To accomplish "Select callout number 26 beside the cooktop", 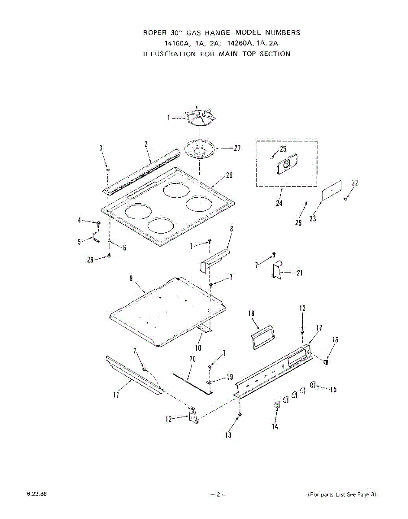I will click(x=230, y=175).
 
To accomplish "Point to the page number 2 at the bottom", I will click(x=219, y=494).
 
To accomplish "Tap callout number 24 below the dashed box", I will click(x=279, y=203).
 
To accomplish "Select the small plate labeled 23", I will click(x=331, y=190).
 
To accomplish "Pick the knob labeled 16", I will click(x=326, y=361).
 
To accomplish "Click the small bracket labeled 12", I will click(x=194, y=415).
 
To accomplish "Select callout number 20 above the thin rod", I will click(x=193, y=359).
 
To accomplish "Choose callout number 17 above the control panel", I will click(x=319, y=328).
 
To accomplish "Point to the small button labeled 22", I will click(x=346, y=199).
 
